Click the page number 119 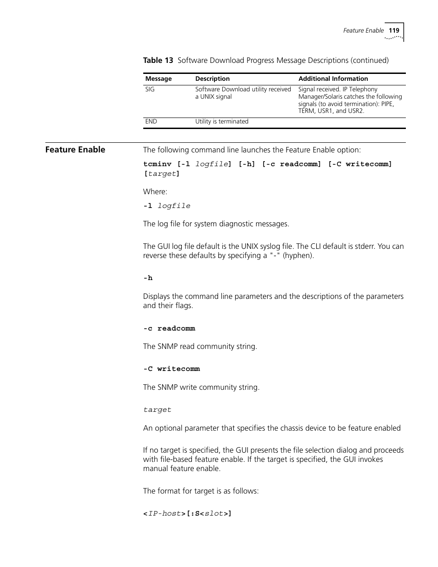(394, 30)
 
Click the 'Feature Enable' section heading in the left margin (75, 150)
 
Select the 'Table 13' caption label (158, 60)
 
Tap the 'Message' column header (158, 79)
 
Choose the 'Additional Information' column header (333, 79)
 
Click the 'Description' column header (212, 79)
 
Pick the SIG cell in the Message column (150, 90)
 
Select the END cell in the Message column (151, 122)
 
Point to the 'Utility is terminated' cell (222, 122)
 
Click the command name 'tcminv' (157, 164)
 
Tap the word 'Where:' (155, 192)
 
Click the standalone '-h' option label (148, 278)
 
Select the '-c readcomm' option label (169, 329)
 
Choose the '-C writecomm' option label (171, 369)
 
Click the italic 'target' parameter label (157, 410)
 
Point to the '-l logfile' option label (167, 206)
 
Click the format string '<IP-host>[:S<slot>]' (187, 514)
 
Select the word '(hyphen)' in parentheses (298, 256)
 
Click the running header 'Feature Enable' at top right (363, 30)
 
